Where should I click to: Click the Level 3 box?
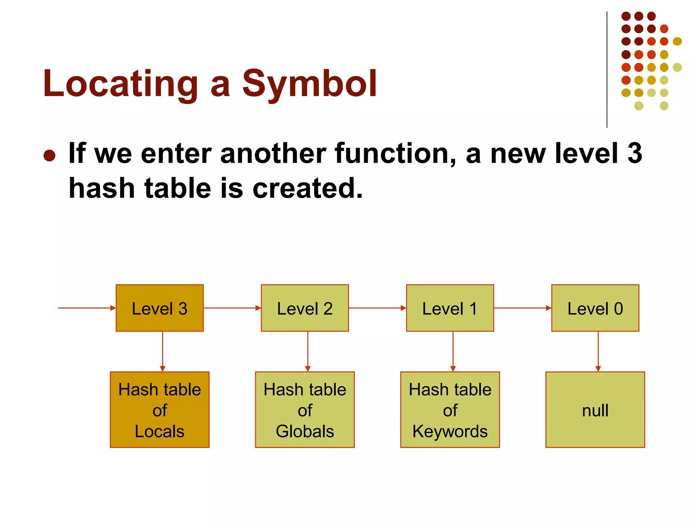pos(160,308)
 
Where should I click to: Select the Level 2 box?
pos(305,308)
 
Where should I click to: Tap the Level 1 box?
pos(450,308)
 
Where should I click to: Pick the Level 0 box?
pos(595,308)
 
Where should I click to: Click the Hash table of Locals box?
pos(160,410)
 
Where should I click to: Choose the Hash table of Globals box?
pos(305,410)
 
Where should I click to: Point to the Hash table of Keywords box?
pos(450,410)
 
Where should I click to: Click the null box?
pos(595,410)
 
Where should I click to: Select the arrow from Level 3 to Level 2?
pos(232,308)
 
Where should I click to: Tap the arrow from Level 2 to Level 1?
pos(377,308)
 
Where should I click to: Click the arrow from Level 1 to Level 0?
pos(522,308)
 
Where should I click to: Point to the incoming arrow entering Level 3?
pos(87,308)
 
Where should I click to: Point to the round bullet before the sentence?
pos(50,156)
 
